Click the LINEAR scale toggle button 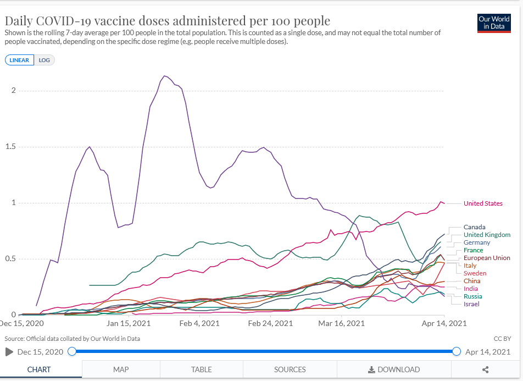coord(19,60)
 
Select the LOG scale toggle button coord(44,60)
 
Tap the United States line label coord(483,203)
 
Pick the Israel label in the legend coord(471,304)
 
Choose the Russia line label coord(472,296)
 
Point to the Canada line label coord(474,227)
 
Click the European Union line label coord(487,258)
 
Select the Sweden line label coord(475,273)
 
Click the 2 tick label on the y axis coord(13,90)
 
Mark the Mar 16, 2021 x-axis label coord(341,323)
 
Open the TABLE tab coord(202,369)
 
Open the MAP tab coord(121,369)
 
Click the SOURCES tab coord(290,369)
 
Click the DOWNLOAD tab coord(394,369)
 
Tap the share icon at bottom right coord(485,369)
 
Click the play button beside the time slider coord(9,351)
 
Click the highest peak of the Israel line coord(165,76)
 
